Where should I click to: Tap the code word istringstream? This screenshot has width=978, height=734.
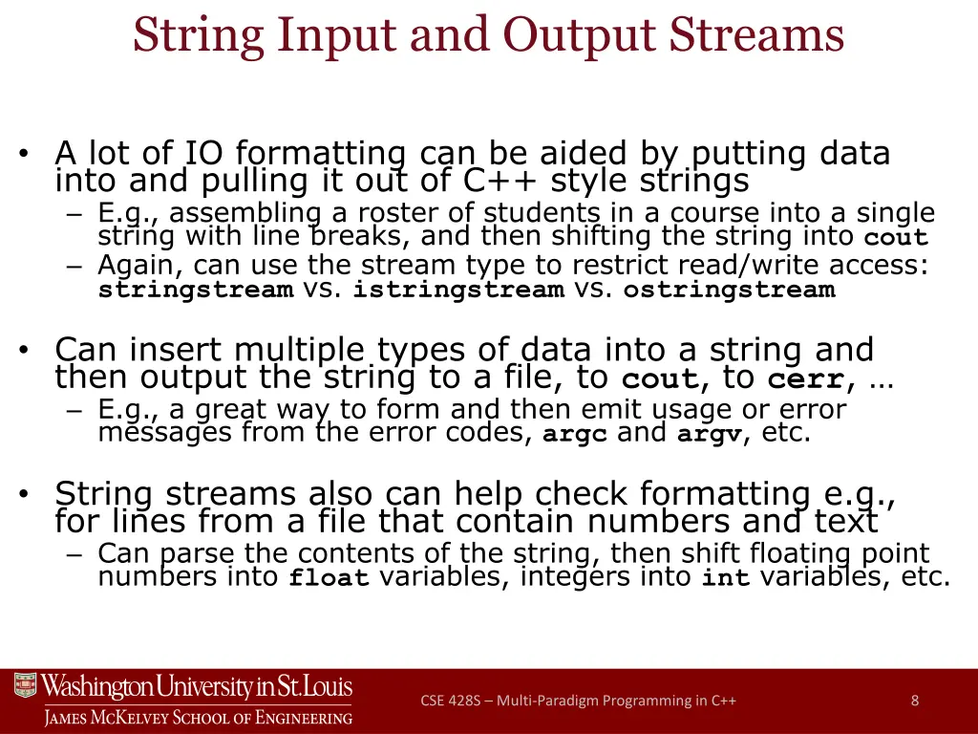point(457,290)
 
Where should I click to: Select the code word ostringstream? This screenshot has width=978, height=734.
point(729,290)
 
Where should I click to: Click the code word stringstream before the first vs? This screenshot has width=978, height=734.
point(195,290)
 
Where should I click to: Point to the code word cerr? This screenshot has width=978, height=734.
point(806,379)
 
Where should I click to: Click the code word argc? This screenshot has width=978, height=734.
point(575,435)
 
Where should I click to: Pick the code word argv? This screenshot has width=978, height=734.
point(710,435)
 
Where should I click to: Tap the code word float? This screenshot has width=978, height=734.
point(329,578)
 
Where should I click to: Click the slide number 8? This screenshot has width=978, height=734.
point(915,701)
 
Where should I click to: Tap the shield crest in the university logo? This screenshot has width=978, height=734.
point(26,686)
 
